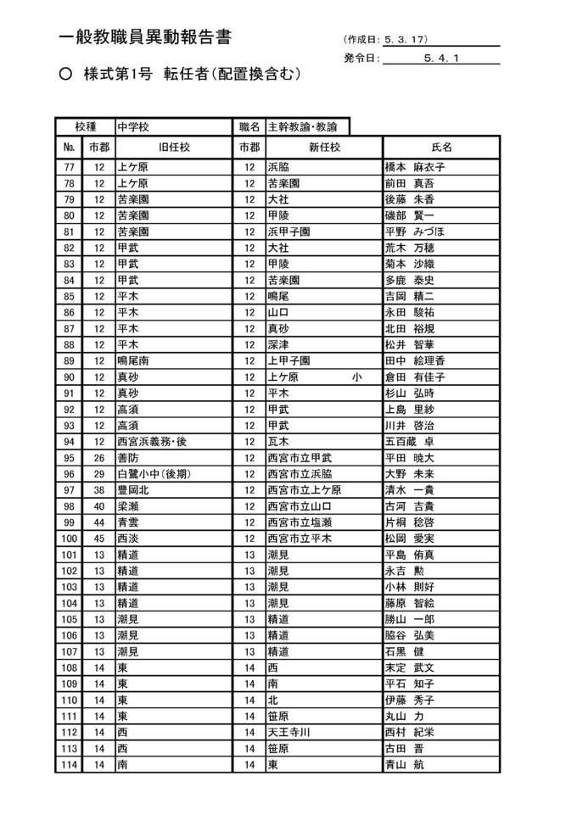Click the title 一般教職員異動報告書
click(x=146, y=37)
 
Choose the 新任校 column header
click(x=324, y=147)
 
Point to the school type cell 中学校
click(x=133, y=127)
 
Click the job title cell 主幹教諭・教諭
click(x=302, y=127)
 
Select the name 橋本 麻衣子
click(x=415, y=167)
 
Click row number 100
click(x=70, y=539)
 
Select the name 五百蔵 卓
click(x=410, y=441)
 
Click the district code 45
click(x=99, y=539)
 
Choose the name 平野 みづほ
click(x=415, y=232)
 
